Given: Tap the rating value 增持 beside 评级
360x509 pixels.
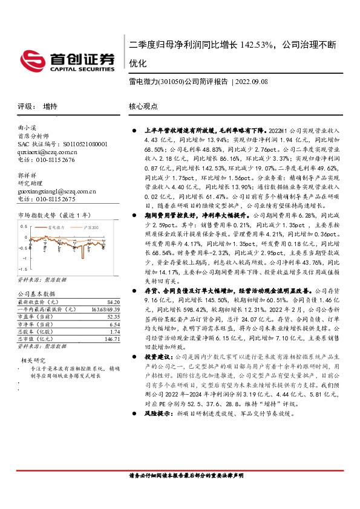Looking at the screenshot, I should tap(50, 106).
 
